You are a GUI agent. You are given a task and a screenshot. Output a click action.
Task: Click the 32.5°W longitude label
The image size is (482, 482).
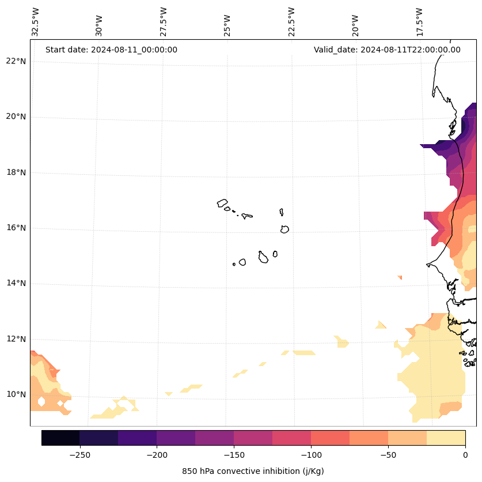click(36, 22)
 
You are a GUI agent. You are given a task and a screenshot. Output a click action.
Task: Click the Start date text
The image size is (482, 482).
click(111, 50)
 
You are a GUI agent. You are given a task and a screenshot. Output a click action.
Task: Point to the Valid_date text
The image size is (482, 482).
click(387, 50)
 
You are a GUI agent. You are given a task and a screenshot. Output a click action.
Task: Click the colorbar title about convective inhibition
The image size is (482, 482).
click(253, 471)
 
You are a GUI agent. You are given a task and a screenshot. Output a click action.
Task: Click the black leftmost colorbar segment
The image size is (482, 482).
click(60, 438)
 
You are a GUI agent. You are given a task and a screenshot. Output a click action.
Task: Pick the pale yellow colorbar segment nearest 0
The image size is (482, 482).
click(446, 438)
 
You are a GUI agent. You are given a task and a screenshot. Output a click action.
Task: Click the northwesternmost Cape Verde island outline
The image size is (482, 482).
click(222, 203)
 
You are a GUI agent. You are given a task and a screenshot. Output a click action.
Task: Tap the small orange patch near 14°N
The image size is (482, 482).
click(400, 277)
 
